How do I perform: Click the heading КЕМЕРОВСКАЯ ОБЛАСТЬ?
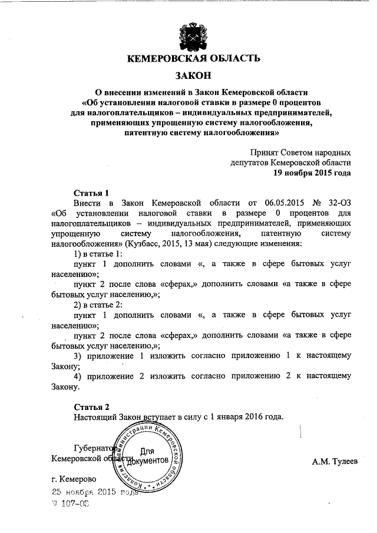coord(193,59)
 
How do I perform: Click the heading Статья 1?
coord(91,193)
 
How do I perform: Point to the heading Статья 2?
coord(91,406)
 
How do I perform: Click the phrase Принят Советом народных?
coord(300,152)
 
